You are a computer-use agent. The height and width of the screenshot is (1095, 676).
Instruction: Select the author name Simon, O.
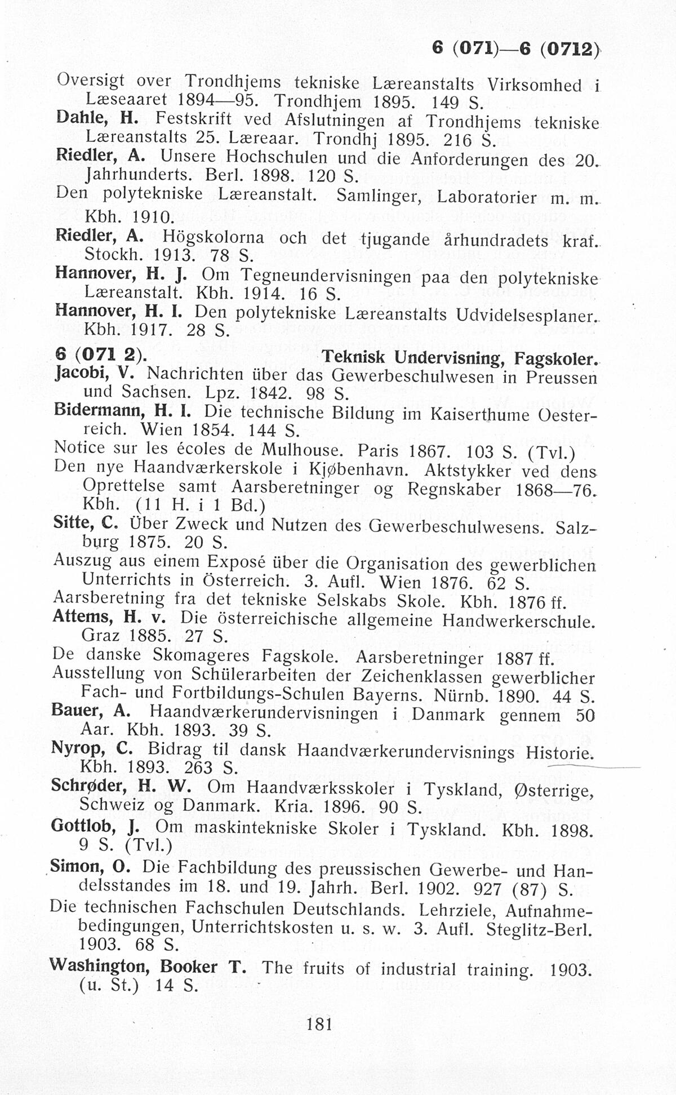click(91, 866)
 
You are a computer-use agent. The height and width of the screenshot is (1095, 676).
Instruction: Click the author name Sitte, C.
click(86, 524)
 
